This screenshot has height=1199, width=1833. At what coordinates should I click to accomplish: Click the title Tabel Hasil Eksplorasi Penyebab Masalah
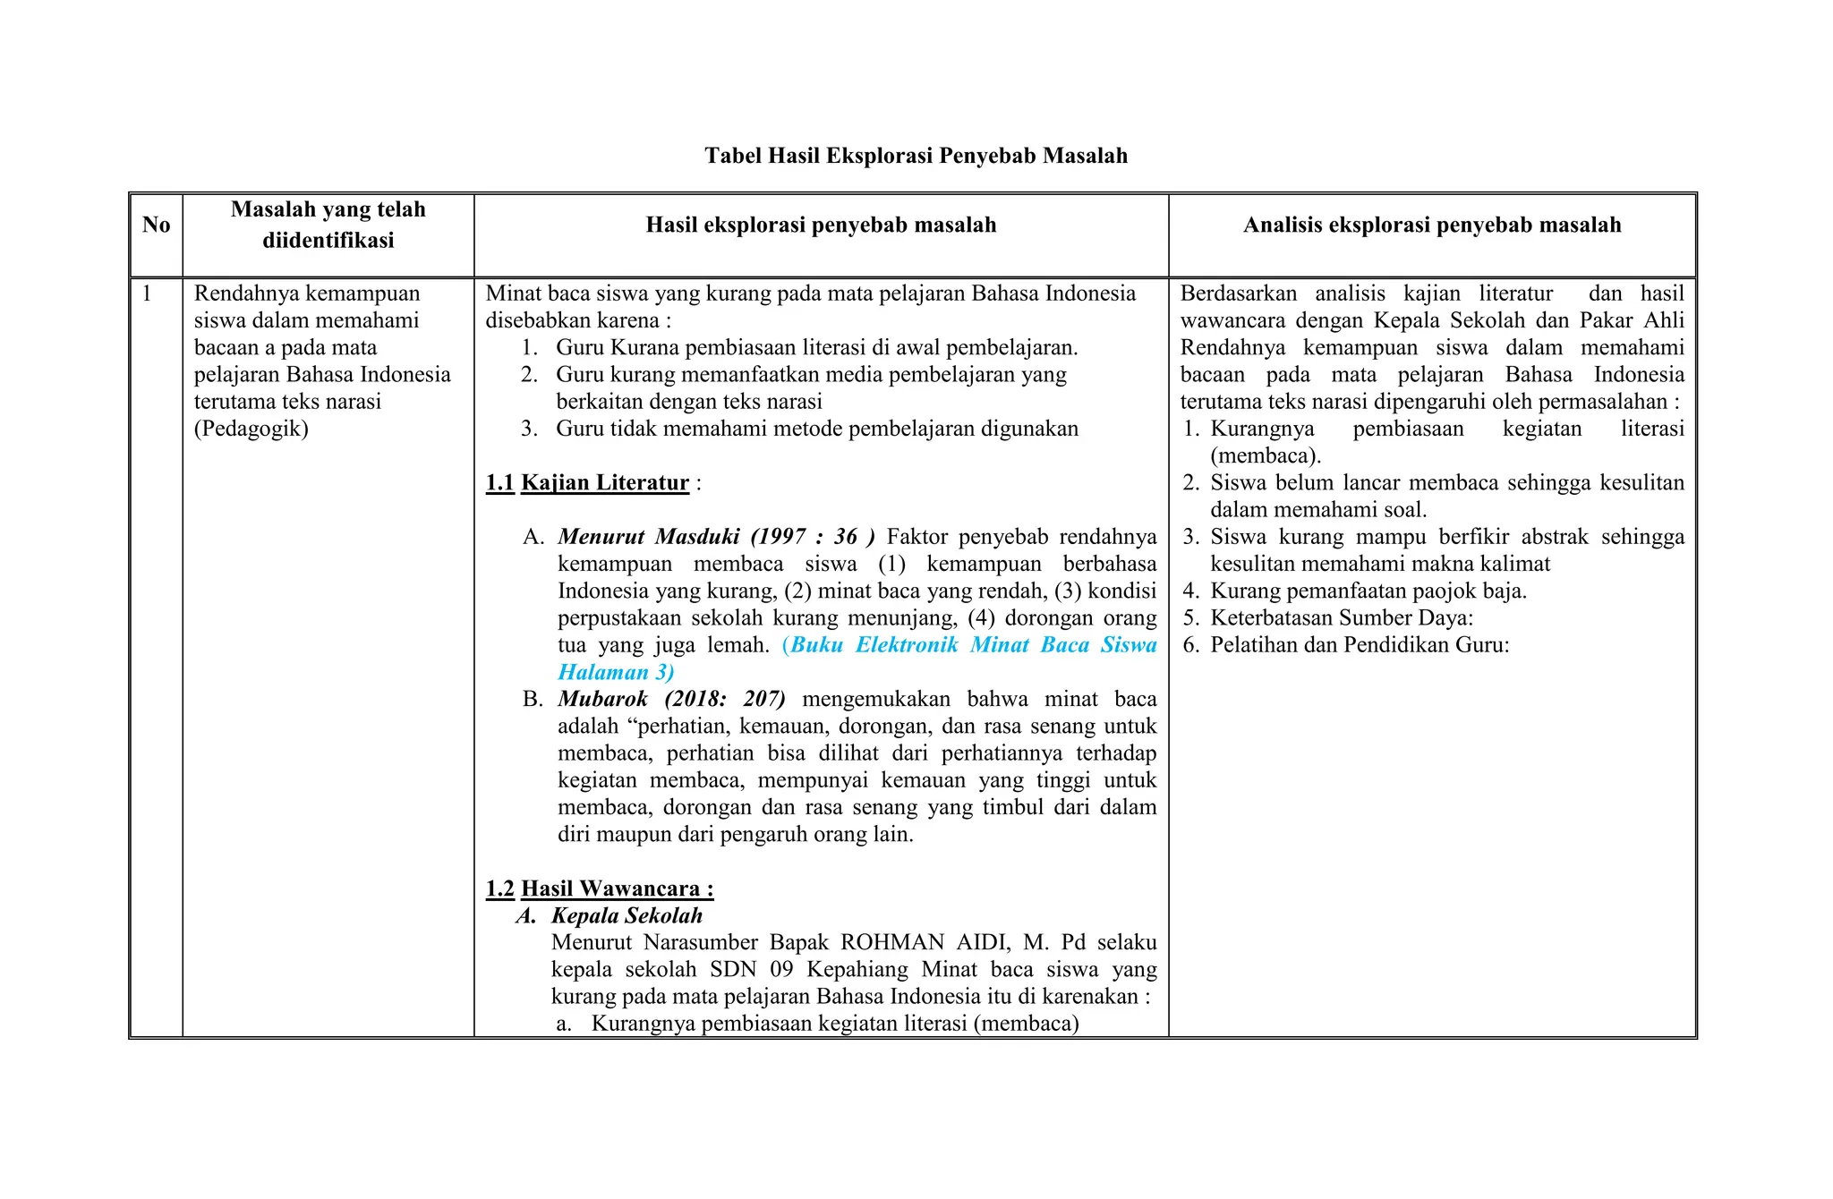click(x=916, y=156)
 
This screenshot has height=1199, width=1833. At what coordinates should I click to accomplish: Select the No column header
click(x=156, y=225)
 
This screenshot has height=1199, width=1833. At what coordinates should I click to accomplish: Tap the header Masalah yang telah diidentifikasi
click(x=328, y=225)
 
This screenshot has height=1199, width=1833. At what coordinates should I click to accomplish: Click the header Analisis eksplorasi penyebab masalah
click(x=1431, y=225)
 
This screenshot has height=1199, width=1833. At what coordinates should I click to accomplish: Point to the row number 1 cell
click(x=148, y=293)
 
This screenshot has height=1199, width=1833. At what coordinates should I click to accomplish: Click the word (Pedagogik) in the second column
click(x=251, y=429)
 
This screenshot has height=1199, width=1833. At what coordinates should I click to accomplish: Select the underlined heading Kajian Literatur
click(x=604, y=483)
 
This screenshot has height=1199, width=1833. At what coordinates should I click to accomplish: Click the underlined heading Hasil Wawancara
click(x=617, y=889)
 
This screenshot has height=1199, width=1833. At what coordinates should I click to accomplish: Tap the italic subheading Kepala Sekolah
click(x=627, y=915)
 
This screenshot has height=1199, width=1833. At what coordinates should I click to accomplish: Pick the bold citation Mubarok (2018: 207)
click(x=671, y=699)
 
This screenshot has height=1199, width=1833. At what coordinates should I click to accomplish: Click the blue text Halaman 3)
click(x=616, y=672)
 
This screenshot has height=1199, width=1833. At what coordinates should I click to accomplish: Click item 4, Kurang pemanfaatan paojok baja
click(x=1368, y=591)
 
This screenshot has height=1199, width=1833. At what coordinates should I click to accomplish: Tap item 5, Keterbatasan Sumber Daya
click(x=1341, y=618)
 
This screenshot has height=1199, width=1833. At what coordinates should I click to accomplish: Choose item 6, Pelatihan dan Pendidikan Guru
click(x=1359, y=645)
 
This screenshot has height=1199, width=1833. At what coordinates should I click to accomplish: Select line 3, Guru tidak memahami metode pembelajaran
click(x=816, y=429)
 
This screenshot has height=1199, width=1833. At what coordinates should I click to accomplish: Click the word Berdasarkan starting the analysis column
click(x=1238, y=293)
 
